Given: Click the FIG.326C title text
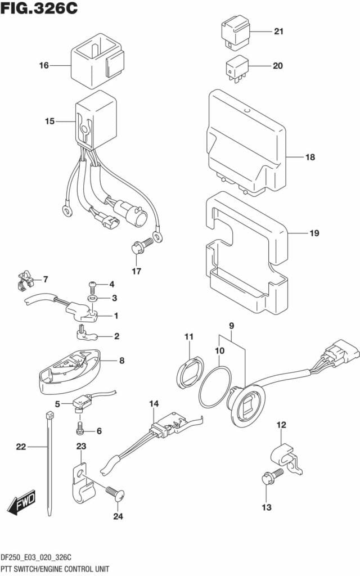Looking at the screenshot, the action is [39, 8].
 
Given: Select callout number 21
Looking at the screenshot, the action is [279, 31].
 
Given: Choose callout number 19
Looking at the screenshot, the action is [314, 233].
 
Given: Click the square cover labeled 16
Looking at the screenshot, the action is [97, 61].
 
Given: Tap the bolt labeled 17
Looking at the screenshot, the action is [141, 246].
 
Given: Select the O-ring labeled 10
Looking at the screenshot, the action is [215, 386].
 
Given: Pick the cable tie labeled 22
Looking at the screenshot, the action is [49, 464].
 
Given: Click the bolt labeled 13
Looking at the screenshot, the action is [272, 477].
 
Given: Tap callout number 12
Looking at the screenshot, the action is [281, 425].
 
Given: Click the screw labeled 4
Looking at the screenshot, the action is [93, 285].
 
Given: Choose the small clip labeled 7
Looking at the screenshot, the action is [25, 281].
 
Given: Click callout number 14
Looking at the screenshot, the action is [154, 404].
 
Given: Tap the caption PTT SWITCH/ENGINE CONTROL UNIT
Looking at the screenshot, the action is [55, 570].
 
